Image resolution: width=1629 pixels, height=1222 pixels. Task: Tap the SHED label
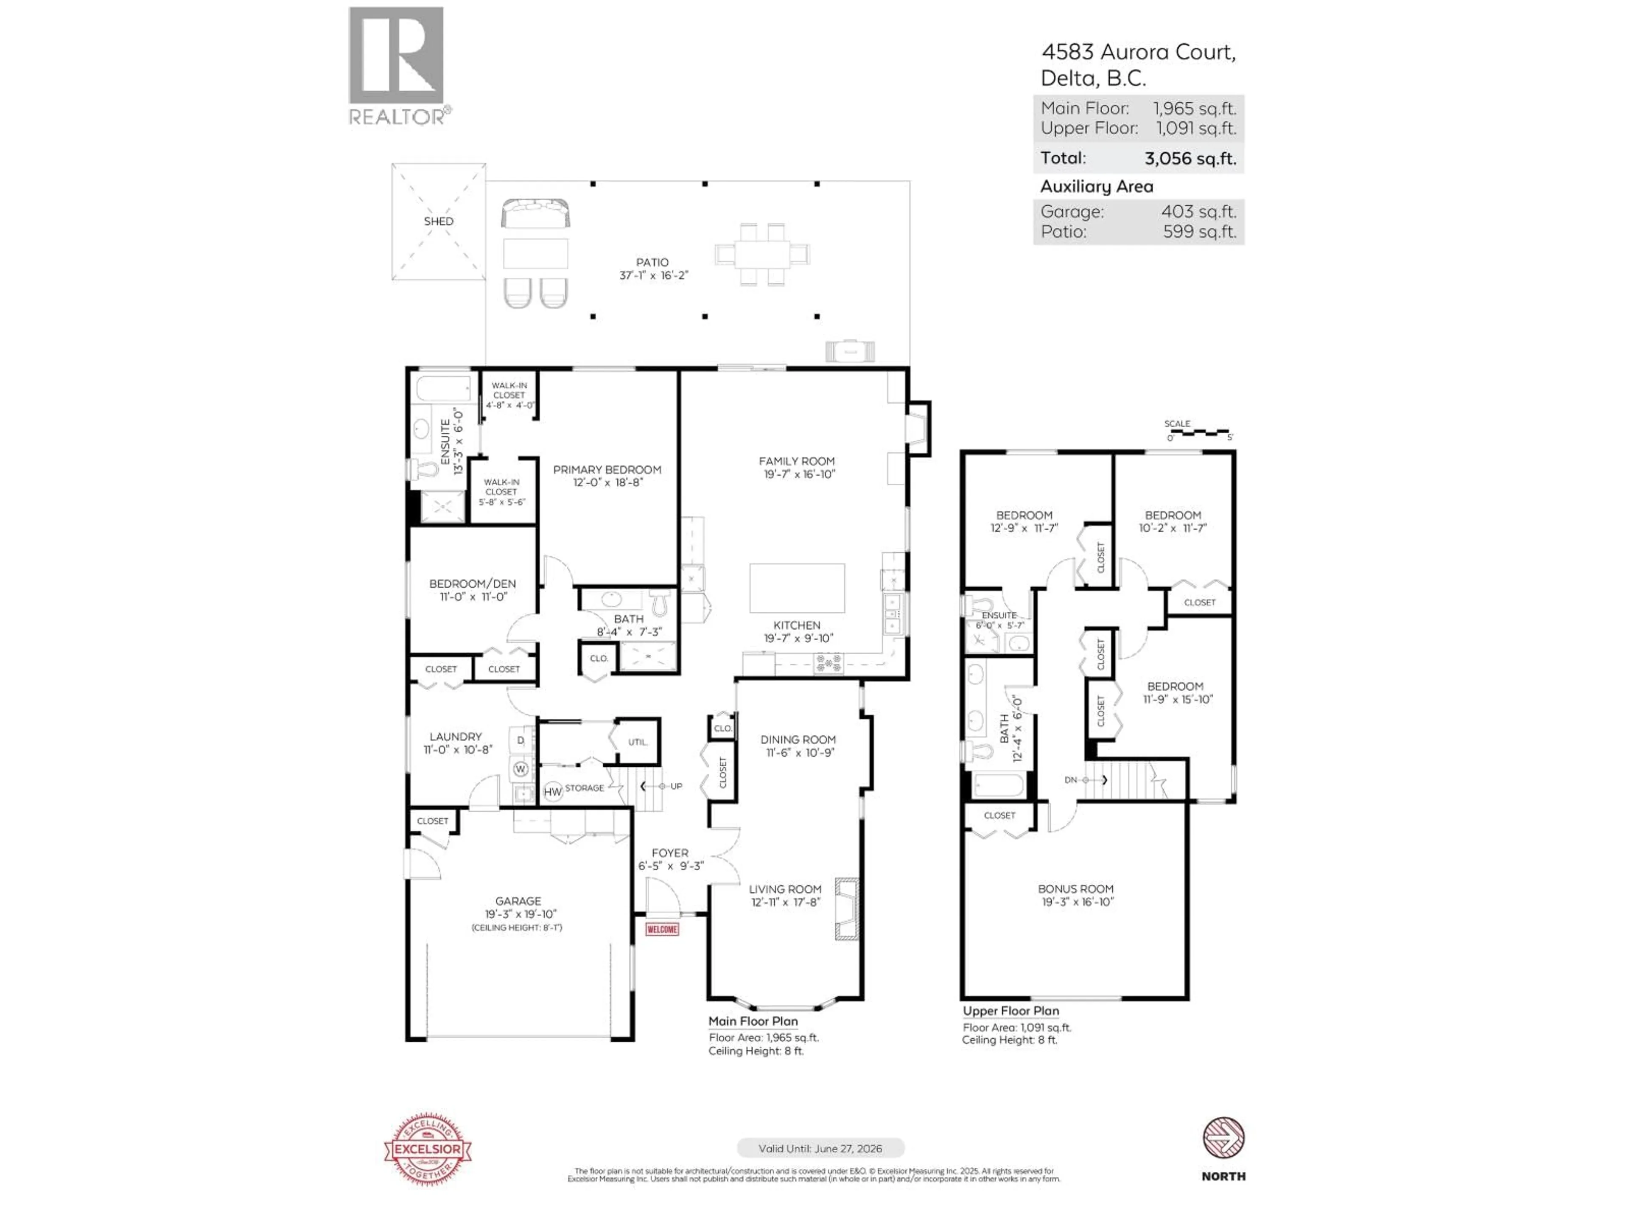438,221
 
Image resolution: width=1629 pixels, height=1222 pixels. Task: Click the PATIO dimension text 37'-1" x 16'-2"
653,275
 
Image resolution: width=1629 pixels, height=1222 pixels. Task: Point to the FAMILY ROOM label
797,461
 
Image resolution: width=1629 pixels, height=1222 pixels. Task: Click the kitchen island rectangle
797,588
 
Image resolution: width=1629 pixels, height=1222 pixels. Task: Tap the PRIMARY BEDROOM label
607,469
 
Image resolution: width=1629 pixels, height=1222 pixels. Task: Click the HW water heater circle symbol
552,792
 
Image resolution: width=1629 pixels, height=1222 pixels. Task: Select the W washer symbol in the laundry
521,769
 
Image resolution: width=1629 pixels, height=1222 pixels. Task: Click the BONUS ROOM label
1075,889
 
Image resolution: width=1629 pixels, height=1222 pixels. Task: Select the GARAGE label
518,901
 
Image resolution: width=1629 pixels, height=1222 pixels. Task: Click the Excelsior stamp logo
428,1149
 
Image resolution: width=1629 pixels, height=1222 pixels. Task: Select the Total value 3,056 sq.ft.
1190,158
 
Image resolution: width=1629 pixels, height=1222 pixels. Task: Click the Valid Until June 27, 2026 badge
820,1148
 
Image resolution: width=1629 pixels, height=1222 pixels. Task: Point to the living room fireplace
847,909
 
